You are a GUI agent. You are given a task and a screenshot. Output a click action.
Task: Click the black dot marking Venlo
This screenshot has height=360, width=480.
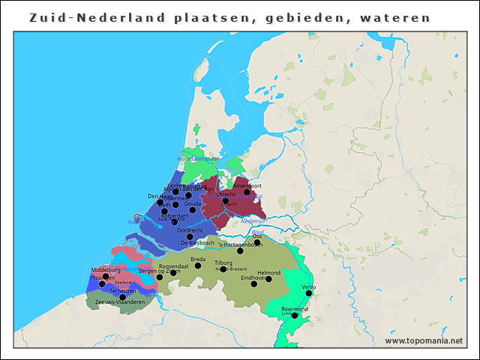point(308,293)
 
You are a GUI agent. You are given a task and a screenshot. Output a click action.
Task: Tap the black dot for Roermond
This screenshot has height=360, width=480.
point(294,316)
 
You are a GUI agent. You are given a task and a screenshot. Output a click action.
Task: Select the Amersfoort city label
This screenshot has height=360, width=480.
point(247,184)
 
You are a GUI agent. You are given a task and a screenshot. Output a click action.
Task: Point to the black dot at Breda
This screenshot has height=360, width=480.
point(198,265)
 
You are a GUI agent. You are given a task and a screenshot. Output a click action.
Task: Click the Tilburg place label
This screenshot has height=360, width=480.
point(223,262)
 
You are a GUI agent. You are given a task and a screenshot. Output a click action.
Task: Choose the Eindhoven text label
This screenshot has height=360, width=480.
point(253,277)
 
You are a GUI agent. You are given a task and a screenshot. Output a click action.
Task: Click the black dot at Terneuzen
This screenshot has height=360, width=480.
point(123,297)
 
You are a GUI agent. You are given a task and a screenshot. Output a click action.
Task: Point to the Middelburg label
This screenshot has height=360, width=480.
point(105,269)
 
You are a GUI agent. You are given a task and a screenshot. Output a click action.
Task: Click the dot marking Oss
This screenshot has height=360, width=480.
point(257,242)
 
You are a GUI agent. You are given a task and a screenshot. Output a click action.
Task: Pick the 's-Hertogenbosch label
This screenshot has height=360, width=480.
point(240,244)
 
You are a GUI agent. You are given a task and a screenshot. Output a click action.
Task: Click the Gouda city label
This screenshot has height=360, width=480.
point(193,203)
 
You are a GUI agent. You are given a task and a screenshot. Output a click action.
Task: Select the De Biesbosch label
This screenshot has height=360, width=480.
point(197,242)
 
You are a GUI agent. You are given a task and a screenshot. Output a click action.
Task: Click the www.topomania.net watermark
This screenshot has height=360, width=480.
point(424,340)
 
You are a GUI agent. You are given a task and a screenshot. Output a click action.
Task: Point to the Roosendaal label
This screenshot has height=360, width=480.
point(173,265)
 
